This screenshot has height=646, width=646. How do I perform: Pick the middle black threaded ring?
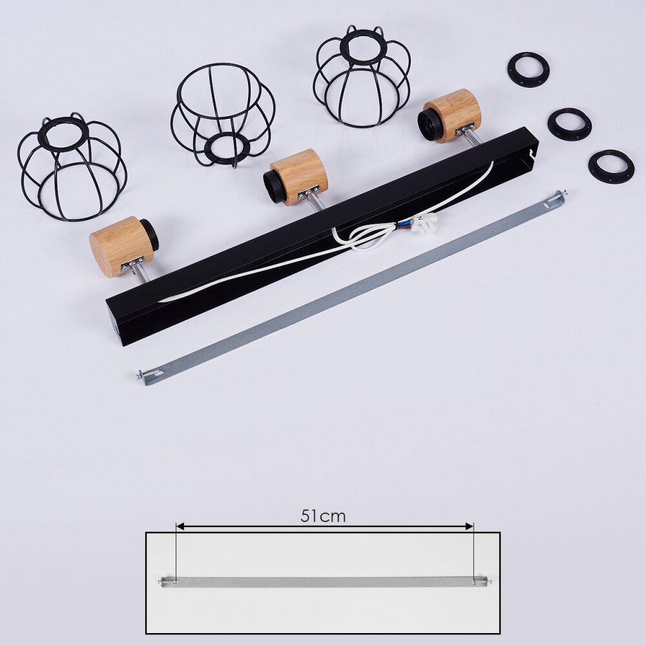tap(552, 123)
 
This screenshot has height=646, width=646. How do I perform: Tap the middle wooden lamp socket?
tap(296, 177)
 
